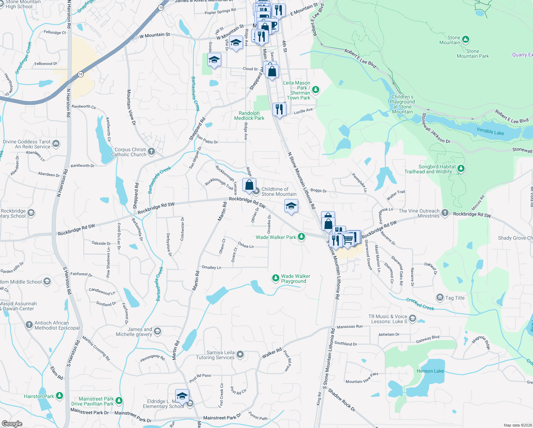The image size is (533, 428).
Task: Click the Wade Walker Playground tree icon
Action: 275,278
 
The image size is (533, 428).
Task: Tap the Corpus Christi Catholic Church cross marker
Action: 151,152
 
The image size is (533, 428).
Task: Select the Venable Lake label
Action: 490,132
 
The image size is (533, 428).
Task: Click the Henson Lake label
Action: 430,371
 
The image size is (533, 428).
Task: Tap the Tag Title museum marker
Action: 440,297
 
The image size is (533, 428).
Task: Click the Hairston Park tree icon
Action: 59,396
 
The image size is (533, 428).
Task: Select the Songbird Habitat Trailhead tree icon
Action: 461,168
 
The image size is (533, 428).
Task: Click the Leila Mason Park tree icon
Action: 315,90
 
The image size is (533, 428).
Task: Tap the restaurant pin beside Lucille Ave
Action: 279,109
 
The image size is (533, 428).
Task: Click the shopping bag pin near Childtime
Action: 249,185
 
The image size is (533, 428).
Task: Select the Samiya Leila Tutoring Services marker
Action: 240,355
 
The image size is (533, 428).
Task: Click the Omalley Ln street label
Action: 211,267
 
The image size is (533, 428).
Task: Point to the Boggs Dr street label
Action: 319,190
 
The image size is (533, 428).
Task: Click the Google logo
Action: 12,424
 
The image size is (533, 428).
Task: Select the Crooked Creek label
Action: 420,304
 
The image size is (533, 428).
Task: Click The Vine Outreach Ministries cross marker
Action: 445,213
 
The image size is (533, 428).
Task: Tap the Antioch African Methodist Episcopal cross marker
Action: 29,325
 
